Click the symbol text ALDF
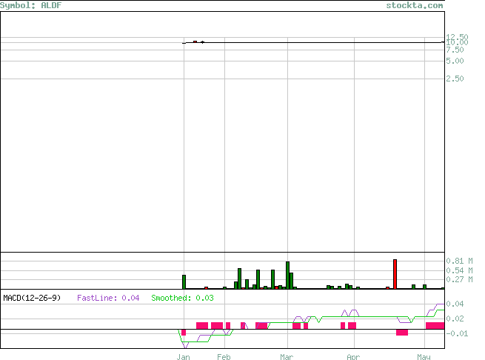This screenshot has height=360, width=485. point(51,5)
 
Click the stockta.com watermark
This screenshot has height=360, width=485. point(415,5)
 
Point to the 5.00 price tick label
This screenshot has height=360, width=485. point(455,61)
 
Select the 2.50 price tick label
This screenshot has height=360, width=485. point(455,79)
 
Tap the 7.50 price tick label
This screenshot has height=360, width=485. point(455,50)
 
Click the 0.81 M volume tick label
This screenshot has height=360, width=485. point(459,261)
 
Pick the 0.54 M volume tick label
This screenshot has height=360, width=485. point(459,270)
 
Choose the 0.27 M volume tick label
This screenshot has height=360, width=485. point(459,279)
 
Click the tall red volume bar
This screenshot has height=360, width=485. point(395,274)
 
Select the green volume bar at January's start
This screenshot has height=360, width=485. point(184,282)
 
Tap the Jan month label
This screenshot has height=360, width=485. point(184,357)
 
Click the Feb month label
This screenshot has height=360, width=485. point(224,357)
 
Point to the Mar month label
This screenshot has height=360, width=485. point(287,357)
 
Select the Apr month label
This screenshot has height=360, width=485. point(353,357)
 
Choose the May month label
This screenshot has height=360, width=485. point(424,357)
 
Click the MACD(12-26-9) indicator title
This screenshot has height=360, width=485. point(32,298)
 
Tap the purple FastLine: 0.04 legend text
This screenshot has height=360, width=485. point(108,298)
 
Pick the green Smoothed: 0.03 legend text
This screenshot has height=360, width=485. point(182,298)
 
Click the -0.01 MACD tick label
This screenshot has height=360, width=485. point(457,333)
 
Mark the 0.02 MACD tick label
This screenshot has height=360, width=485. point(455,319)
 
